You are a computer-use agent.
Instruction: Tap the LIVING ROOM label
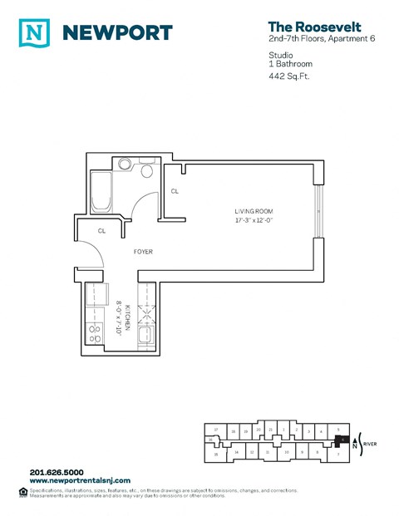(252, 211)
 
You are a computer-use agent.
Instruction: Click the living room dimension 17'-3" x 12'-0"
(252, 221)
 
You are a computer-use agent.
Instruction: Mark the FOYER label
(144, 252)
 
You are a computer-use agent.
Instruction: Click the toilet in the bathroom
(147, 171)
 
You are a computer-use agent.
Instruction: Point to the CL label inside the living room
(175, 191)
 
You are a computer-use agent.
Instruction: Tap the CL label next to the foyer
(101, 230)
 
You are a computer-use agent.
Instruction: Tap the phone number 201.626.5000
(57, 473)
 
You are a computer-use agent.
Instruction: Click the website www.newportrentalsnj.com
(80, 481)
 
